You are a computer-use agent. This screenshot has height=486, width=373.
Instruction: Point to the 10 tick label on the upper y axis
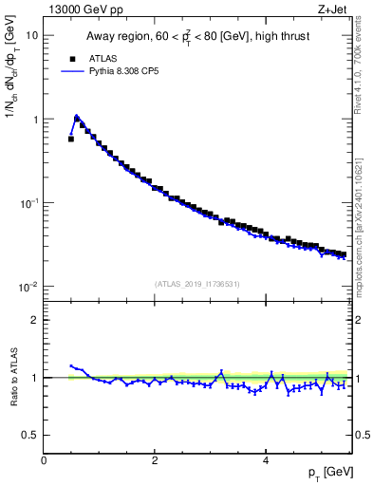pos(31,35)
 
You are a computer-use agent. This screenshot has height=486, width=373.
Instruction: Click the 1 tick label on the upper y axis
pos(35,120)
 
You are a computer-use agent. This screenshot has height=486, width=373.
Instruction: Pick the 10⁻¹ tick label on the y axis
pos(29,203)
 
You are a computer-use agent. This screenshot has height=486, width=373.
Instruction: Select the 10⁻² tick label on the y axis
pos(29,287)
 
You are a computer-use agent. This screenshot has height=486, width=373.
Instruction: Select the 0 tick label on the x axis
pos(44,460)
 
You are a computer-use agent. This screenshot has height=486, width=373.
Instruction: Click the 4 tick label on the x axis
pos(266,460)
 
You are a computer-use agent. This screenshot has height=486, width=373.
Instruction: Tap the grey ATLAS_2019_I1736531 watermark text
pos(197,283)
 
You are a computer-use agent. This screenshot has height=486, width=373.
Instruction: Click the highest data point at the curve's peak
pos(77,118)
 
